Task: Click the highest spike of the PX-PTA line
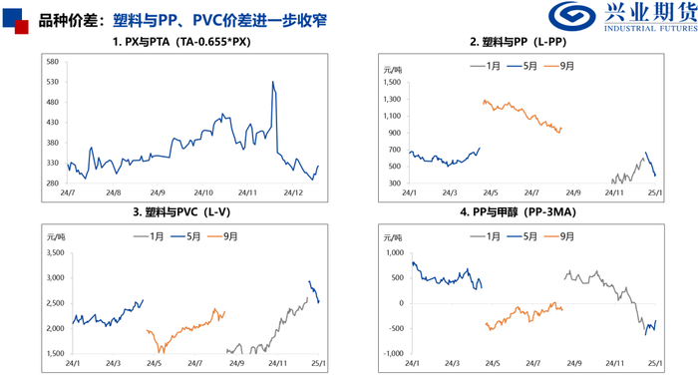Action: click(x=273, y=83)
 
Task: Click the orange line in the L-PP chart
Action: click(x=519, y=113)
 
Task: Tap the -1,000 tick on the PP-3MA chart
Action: click(x=389, y=354)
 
